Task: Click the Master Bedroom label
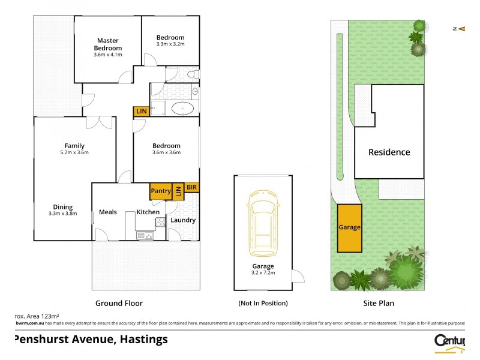(x=108, y=44)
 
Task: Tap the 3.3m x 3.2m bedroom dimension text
(x=170, y=44)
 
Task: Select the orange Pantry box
(x=161, y=191)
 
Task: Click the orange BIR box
(x=192, y=187)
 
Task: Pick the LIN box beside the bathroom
(x=142, y=111)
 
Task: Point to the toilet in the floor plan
(x=193, y=74)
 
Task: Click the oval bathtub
(x=182, y=109)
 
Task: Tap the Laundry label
(x=183, y=220)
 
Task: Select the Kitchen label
(x=148, y=212)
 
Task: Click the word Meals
(x=107, y=212)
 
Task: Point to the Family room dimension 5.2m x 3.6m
(x=74, y=152)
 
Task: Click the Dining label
(x=62, y=207)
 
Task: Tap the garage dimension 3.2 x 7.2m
(x=263, y=272)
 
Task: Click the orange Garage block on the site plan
(x=350, y=228)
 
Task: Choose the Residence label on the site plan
(x=389, y=152)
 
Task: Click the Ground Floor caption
(x=119, y=303)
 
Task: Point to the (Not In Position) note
(x=263, y=303)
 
